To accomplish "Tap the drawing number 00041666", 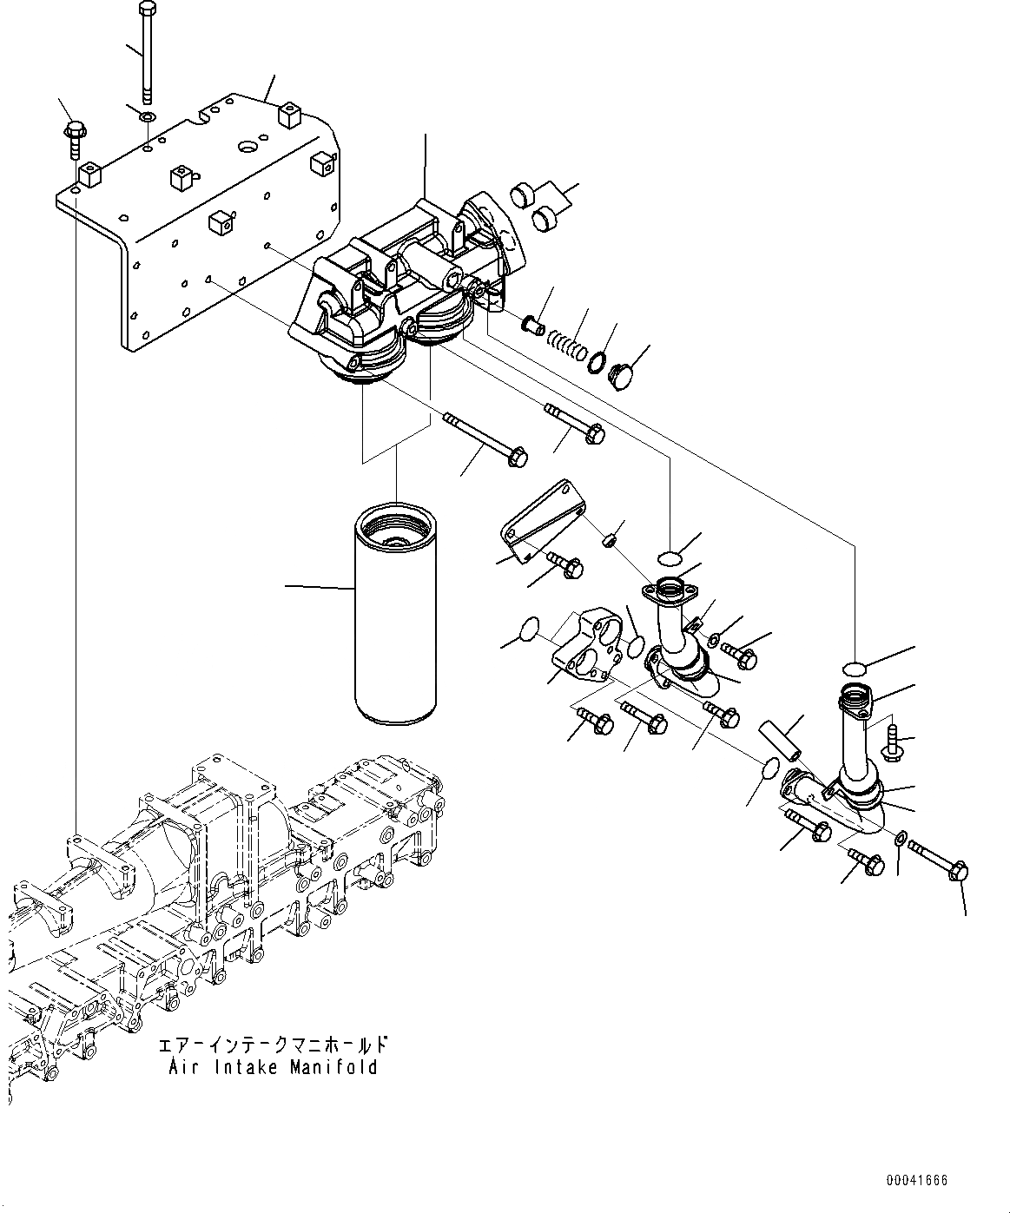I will click(x=916, y=1181).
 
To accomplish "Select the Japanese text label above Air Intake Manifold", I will click(x=273, y=1045).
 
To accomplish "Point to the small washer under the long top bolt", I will click(x=148, y=115).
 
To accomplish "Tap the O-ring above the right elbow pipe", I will click(x=854, y=668).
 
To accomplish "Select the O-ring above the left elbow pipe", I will click(x=669, y=556).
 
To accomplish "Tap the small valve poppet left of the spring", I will click(x=531, y=325).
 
